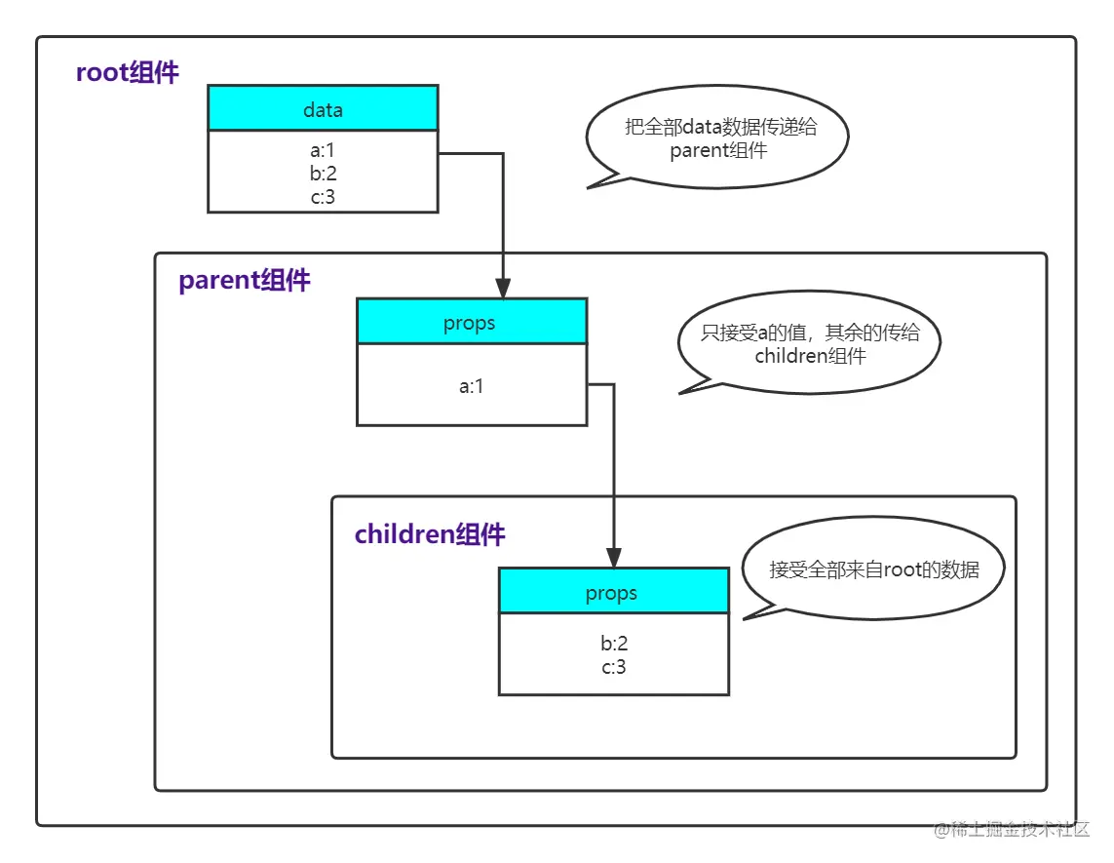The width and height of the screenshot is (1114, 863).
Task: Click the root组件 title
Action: pos(128,73)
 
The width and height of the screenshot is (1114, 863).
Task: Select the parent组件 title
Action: pos(245,281)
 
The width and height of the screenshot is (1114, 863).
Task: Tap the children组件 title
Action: pos(430,534)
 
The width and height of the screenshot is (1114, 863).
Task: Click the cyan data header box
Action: pos(323,109)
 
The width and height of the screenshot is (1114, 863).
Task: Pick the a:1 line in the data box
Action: pos(323,152)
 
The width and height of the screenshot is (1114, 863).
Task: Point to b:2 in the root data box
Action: pos(323,174)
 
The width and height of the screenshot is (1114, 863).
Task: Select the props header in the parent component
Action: pos(471,323)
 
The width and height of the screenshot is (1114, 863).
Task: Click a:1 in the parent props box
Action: pos(472,386)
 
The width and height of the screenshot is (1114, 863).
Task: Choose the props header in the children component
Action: pos(612,593)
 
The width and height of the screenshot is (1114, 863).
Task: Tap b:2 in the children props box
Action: pos(613,645)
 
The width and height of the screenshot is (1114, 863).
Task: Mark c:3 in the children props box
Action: pos(613,667)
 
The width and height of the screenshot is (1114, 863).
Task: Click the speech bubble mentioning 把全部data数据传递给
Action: pos(718,137)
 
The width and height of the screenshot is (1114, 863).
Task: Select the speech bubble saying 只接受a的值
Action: pos(810,343)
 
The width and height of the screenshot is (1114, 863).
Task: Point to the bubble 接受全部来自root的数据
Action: pos(873,570)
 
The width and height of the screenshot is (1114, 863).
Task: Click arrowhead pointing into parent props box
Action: pos(503,289)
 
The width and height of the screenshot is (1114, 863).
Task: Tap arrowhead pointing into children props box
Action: pos(614,558)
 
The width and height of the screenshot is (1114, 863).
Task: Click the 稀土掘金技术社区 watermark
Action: pos(1014,830)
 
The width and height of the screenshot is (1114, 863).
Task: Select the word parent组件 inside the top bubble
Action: pos(718,150)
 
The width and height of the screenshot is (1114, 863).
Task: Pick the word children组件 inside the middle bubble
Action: pos(810,356)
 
